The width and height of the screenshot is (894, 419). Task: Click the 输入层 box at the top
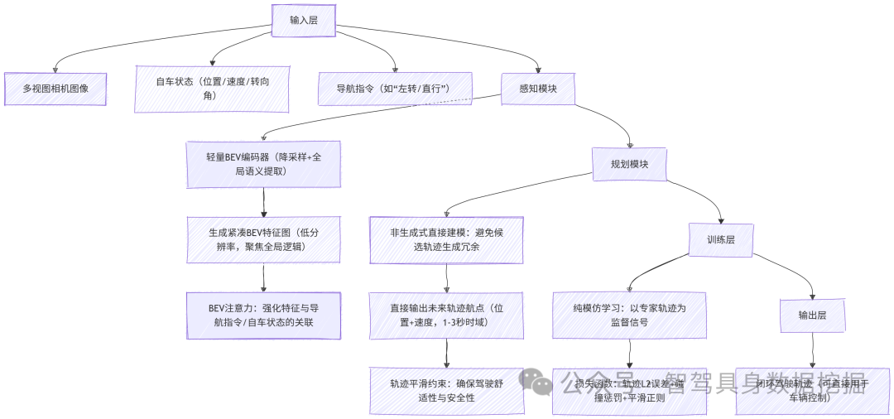point(303,20)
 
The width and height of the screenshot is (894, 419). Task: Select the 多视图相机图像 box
point(55,89)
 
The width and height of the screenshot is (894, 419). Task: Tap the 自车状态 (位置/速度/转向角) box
point(212,89)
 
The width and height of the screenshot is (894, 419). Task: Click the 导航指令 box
point(395,89)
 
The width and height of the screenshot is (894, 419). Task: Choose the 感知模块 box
point(538,89)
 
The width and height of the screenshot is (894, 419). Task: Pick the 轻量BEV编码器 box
point(263,163)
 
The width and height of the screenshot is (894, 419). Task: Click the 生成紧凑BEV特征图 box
point(263,239)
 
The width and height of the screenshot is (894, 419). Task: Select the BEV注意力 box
point(263,315)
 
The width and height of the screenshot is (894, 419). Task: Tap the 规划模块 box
point(630,164)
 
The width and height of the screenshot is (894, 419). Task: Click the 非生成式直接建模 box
point(446,239)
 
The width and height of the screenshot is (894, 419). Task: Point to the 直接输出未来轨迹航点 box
point(446,315)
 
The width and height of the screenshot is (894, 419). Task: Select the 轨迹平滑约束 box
point(446,391)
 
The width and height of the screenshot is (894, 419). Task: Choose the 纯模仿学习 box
point(629,315)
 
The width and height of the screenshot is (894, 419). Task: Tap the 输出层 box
point(812,315)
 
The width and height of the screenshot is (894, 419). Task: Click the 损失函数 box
point(629,391)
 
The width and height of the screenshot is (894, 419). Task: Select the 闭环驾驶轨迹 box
point(812,391)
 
